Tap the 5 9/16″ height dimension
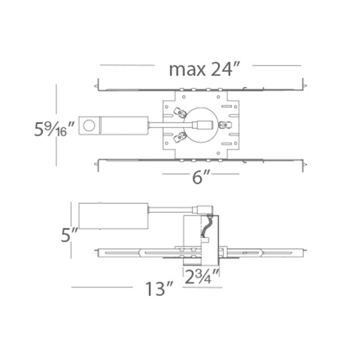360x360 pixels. (54, 129)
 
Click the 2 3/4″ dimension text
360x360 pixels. (202, 276)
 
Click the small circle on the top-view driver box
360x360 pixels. (89, 126)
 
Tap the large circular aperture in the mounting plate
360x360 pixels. (201, 125)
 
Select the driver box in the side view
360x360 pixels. (113, 216)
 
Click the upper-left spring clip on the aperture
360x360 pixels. (180, 113)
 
